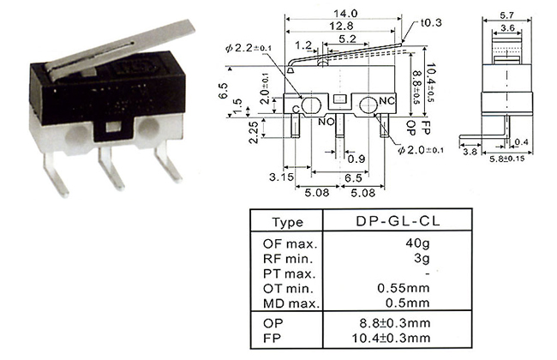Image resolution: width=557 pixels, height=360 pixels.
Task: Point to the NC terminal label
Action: pyautogui.click(x=386, y=100)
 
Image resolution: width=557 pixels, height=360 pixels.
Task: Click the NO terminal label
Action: pyautogui.click(x=326, y=121)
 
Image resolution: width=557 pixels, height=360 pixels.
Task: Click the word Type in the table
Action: pyautogui.click(x=286, y=223)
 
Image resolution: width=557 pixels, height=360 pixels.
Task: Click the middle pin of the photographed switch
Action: pyautogui.click(x=108, y=167)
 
